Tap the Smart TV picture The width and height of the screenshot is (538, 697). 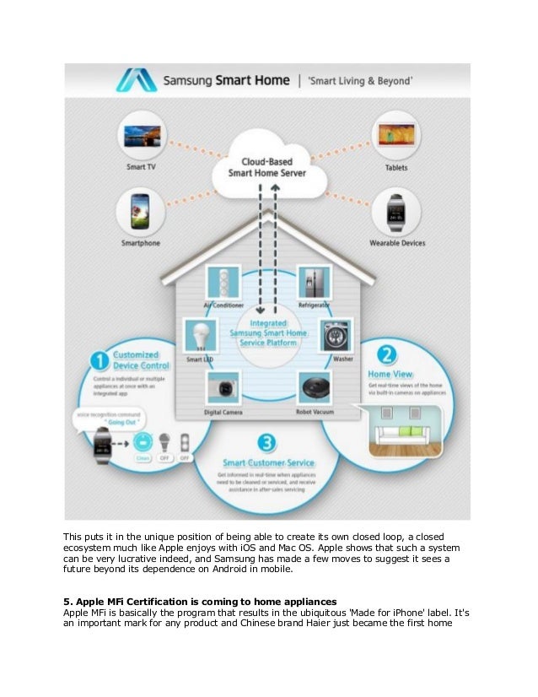pos(142,137)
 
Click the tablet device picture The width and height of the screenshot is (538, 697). pos(396,136)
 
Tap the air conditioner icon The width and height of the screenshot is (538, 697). pos(223,281)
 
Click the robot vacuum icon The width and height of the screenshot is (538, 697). pos(314,388)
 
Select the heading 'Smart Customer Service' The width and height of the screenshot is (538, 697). pos(269,463)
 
